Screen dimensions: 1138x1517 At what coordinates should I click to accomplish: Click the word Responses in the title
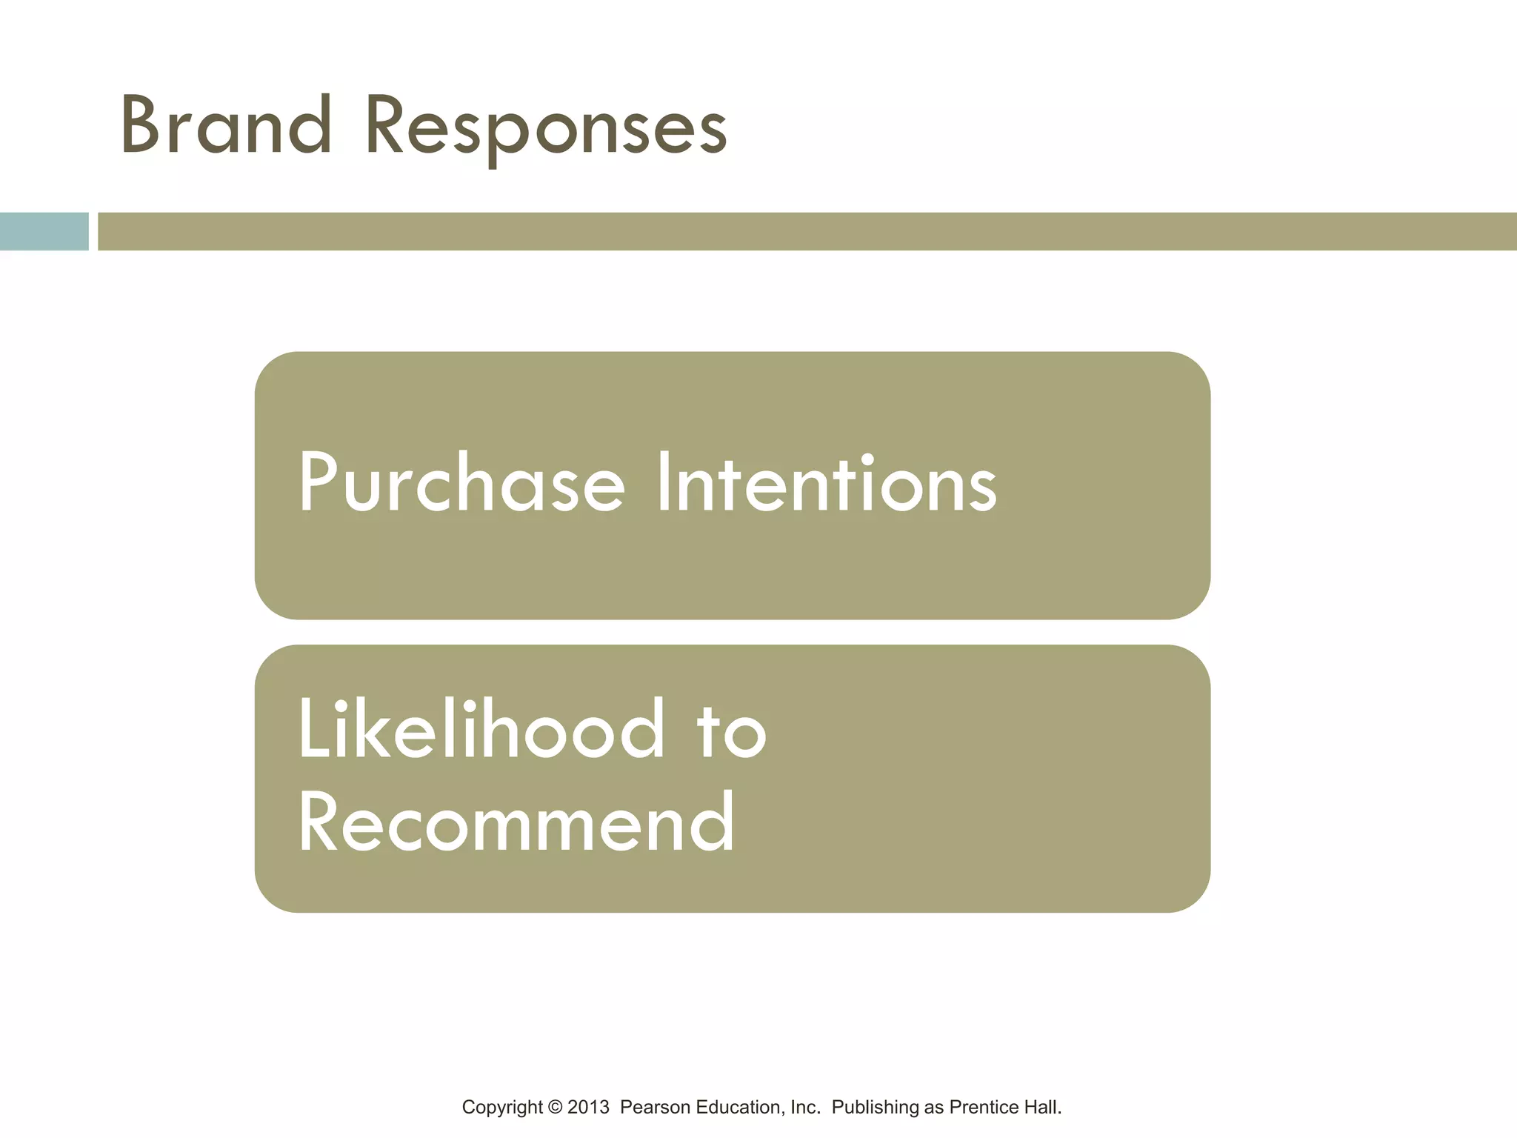tap(546, 130)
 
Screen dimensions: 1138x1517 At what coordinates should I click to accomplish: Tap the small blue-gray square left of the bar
tap(44, 231)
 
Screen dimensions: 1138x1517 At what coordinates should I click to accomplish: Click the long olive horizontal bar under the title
tap(806, 231)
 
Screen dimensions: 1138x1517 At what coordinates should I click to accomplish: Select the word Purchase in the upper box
tap(461, 483)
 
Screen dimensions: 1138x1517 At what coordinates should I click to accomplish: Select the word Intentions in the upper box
tap(827, 483)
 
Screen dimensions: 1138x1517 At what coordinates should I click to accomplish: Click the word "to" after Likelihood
tap(731, 732)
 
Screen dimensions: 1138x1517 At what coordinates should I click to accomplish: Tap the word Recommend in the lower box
tap(516, 822)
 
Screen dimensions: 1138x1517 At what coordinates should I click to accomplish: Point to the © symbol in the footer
tap(555, 1108)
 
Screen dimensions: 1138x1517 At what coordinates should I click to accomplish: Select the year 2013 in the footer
tap(588, 1108)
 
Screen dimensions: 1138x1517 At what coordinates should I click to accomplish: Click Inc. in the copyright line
tap(805, 1108)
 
